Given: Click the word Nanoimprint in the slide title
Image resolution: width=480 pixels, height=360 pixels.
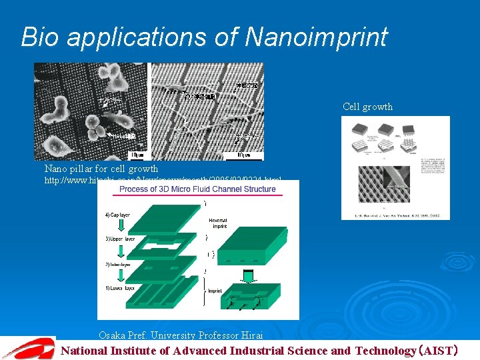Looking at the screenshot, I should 316,37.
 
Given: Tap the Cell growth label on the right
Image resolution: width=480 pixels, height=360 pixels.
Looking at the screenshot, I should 367,107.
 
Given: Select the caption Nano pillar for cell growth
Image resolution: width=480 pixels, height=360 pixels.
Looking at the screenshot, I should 101,169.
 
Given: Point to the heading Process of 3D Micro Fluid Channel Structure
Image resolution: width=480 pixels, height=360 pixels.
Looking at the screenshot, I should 197,189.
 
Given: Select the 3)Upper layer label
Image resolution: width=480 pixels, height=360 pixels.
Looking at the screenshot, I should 119,239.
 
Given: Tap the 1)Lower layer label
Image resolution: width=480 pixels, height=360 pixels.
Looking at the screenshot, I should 119,288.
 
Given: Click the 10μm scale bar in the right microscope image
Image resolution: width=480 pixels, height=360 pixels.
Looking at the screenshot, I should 245,155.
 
